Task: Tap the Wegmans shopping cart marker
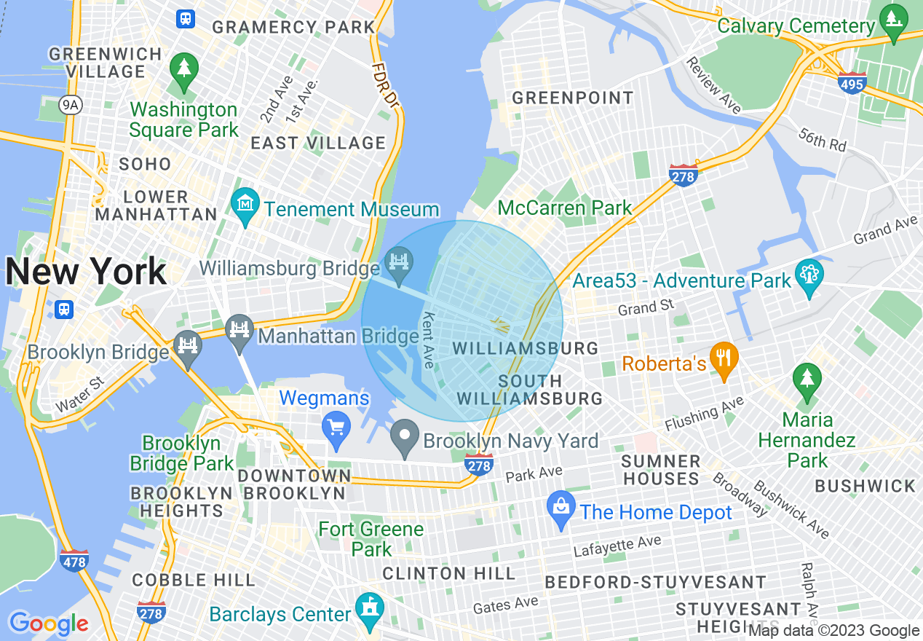coord(336,425)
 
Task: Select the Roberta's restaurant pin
coord(723,358)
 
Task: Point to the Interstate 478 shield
coord(75,561)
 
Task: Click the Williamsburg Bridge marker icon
coord(399,259)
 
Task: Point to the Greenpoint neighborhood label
coord(573,98)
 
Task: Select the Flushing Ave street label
coord(703,413)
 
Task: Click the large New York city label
coord(86,272)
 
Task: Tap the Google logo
coord(48,624)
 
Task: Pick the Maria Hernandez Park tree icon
coord(807,380)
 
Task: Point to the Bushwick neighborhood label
coord(865,486)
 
